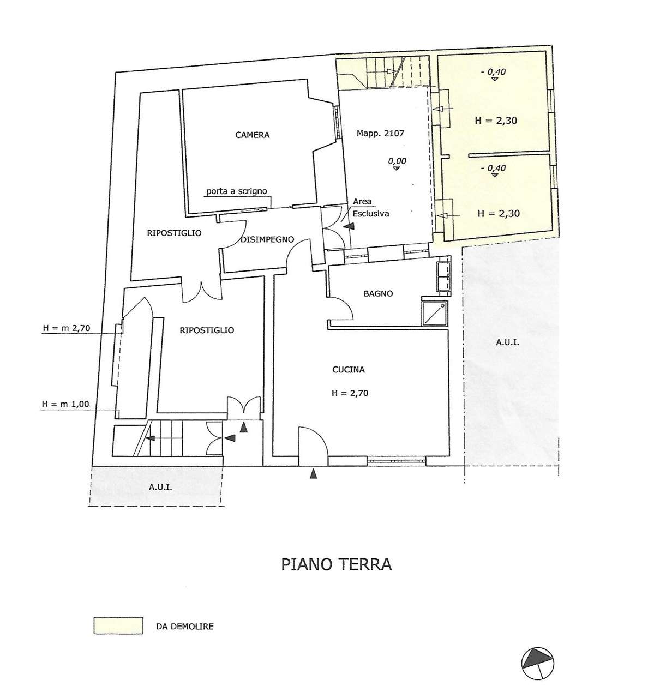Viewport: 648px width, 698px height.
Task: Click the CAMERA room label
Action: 252,135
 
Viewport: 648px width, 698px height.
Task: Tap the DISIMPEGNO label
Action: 267,240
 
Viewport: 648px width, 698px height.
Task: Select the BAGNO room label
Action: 378,293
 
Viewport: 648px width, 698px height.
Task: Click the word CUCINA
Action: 348,370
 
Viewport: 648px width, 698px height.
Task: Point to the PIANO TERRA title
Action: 337,565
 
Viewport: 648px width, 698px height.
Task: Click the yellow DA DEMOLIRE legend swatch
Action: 118,625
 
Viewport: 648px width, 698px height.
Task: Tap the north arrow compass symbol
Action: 538,664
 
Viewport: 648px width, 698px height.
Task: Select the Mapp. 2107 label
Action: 380,134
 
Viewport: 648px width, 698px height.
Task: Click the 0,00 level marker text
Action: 397,161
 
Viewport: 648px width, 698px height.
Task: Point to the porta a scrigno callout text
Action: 237,191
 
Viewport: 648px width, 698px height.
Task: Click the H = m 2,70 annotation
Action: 67,328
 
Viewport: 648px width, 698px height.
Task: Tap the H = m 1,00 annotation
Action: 65,404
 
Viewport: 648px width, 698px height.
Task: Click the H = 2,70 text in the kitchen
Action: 350,393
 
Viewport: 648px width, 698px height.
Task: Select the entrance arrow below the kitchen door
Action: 313,474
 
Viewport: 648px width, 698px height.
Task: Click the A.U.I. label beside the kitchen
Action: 507,342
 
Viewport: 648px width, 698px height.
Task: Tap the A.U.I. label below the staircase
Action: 160,488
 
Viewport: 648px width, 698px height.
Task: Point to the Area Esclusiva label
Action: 370,208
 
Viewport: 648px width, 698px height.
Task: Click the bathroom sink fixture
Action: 443,277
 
